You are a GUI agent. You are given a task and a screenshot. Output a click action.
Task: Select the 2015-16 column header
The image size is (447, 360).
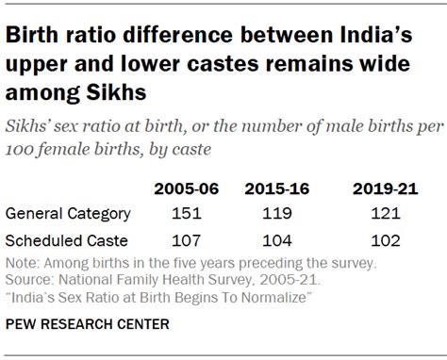272,189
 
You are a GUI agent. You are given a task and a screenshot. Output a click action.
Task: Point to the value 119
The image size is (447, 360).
272,214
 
